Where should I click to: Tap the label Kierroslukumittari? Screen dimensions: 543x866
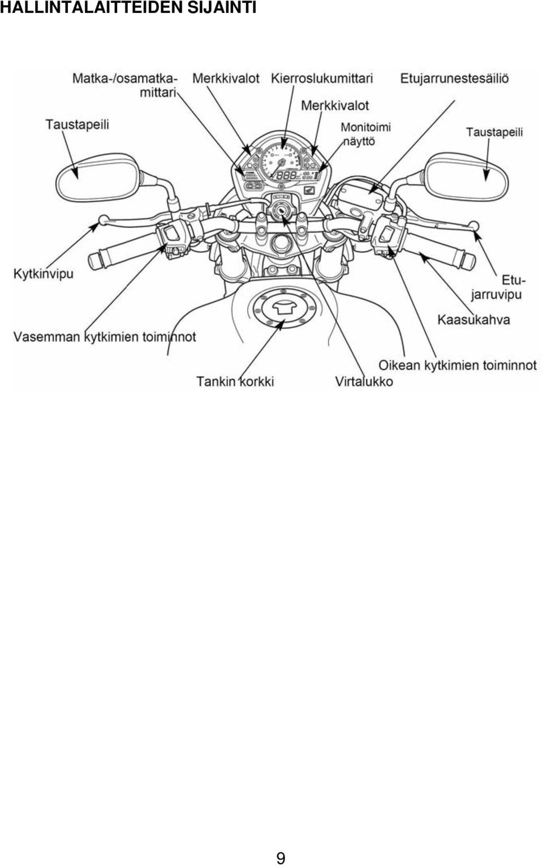[322, 79]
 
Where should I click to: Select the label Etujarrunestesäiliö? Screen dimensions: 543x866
[455, 79]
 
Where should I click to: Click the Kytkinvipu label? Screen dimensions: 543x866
[44, 274]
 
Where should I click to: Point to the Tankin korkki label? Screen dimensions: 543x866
[235, 382]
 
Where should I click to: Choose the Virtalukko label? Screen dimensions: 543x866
[364, 382]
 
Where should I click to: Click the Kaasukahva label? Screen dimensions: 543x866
[474, 320]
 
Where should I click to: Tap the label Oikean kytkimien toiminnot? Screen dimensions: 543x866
[458, 365]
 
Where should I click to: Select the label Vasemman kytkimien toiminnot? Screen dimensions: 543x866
[105, 337]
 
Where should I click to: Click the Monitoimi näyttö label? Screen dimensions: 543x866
[365, 134]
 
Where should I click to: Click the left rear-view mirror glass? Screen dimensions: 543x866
[97, 178]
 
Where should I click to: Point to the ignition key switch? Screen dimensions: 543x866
[281, 210]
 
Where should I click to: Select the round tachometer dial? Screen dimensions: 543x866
[282, 161]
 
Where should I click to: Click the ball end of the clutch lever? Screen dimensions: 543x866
[103, 220]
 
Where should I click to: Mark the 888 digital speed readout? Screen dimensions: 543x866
[286, 176]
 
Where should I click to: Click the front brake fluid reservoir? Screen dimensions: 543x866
[359, 192]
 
